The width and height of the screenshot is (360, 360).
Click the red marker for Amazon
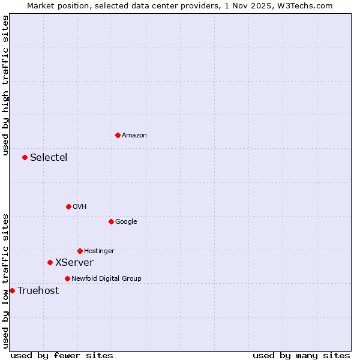[118, 135]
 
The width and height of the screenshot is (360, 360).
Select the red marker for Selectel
[25, 157]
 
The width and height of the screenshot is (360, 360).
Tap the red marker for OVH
[68, 206]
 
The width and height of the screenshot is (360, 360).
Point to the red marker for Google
[111, 221]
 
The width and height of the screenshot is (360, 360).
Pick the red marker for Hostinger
[80, 251]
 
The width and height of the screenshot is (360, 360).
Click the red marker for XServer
[50, 262]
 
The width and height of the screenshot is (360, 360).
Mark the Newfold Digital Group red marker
[67, 278]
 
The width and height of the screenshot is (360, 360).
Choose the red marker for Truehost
[12, 290]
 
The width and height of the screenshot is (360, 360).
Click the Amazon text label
[134, 136]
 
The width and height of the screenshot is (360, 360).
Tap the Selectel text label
[49, 158]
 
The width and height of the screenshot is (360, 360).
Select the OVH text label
[80, 207]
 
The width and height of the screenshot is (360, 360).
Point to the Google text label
[126, 222]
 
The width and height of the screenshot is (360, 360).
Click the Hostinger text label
[99, 251]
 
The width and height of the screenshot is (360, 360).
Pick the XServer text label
[74, 263]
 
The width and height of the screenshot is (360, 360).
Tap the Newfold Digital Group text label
[106, 279]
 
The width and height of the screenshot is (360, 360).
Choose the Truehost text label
[38, 291]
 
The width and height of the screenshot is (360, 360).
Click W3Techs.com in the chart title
[308, 5]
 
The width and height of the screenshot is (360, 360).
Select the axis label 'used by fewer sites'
[62, 355]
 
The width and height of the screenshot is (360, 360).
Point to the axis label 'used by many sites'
[301, 355]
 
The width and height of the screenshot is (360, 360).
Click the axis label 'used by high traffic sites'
[5, 85]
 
